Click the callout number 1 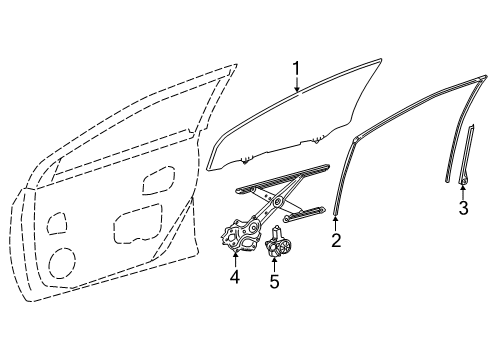[x=296, y=69]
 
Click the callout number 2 [x=336, y=240]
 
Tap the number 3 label [x=462, y=208]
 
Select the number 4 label [x=235, y=276]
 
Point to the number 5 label [x=274, y=282]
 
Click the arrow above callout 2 [x=336, y=222]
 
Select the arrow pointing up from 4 [x=235, y=259]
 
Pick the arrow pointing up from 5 [x=274, y=265]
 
